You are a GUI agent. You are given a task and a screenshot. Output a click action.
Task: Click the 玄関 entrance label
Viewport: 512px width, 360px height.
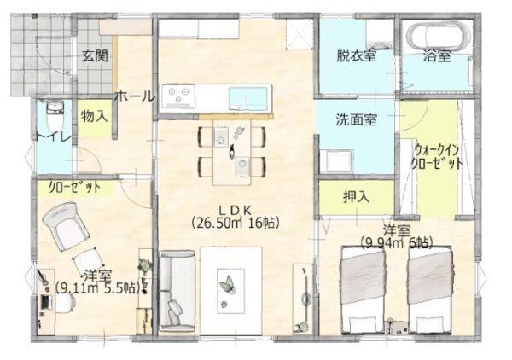pos(95,56)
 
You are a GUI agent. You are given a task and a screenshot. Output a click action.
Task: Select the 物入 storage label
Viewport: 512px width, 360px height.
pos(94,116)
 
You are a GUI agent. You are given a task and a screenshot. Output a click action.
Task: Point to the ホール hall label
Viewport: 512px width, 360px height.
pos(135,96)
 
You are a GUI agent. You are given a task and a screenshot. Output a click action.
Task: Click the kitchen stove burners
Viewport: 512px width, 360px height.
pos(178,96)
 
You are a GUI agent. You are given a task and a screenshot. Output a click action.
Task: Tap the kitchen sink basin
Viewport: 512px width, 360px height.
pos(249,99)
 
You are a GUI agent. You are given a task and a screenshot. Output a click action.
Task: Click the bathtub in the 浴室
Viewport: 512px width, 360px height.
pos(438,36)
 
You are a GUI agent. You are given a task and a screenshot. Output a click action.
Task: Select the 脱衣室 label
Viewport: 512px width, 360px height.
pos(356,56)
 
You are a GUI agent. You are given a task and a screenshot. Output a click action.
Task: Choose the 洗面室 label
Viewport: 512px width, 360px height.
pos(357,119)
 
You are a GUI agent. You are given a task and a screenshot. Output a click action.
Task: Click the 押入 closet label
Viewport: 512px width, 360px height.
pos(356,197)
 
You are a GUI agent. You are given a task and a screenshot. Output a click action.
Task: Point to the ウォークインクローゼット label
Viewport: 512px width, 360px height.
pos(436,157)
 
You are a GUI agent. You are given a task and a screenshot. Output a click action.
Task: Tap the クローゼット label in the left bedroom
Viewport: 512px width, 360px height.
pos(74,188)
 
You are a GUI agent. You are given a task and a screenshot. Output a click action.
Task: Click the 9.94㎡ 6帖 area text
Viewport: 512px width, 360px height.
pos(397,243)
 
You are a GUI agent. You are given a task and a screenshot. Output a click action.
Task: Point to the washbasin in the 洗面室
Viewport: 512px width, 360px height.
pos(336,160)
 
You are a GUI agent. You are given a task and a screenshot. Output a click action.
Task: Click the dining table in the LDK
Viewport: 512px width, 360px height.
pos(232,152)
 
